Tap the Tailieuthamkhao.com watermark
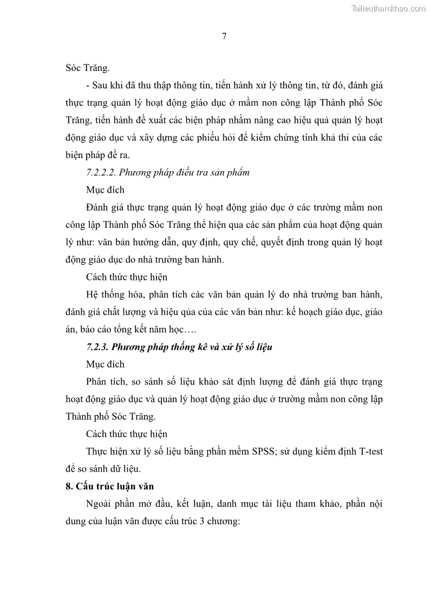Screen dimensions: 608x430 click(389, 8)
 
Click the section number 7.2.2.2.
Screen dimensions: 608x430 click(101, 173)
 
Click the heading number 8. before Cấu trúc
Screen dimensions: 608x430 click(69, 486)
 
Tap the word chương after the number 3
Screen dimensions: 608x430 click(223, 521)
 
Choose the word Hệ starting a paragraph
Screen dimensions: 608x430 click(93, 295)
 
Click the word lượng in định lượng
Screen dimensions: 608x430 click(292, 382)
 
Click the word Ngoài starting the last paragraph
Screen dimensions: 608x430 click(99, 504)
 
